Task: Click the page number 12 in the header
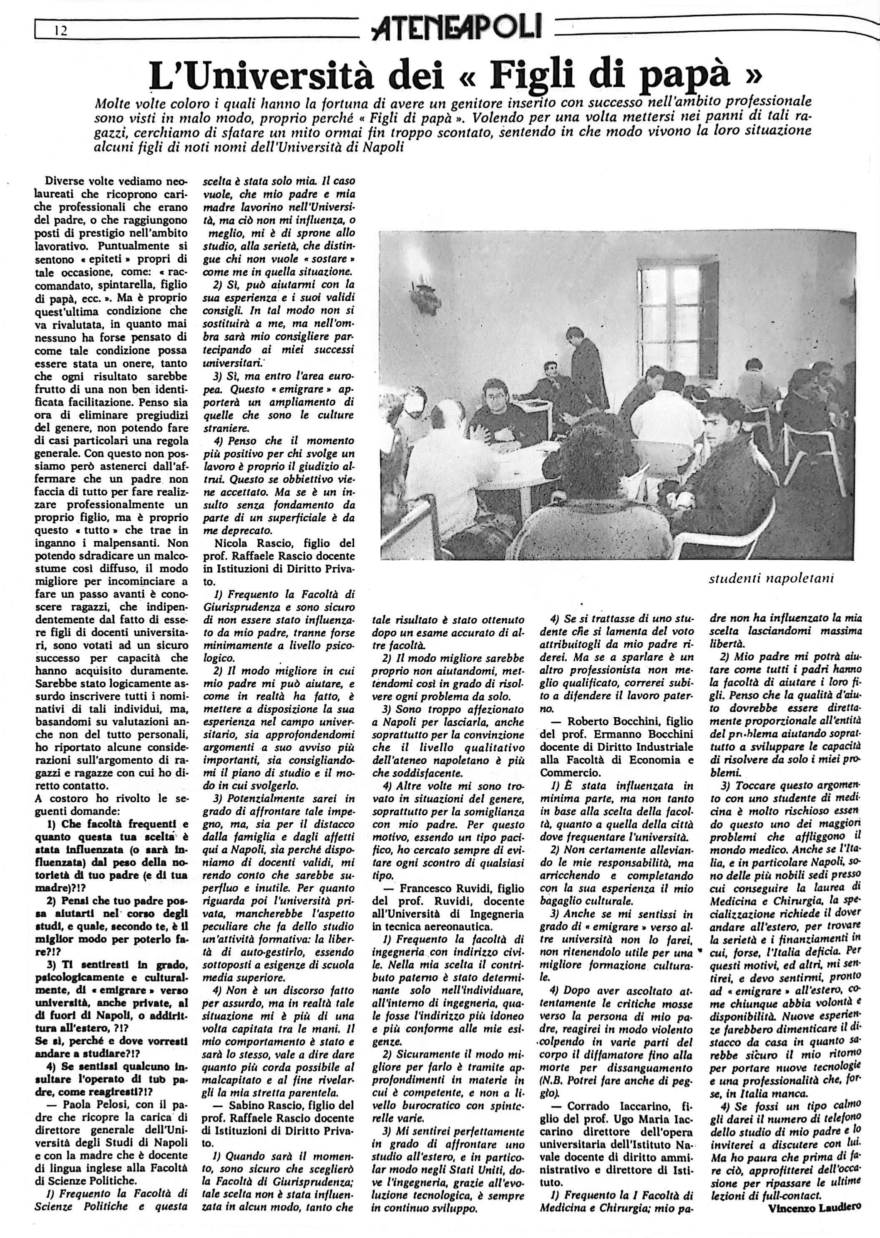(x=60, y=31)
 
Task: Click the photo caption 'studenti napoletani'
(x=772, y=578)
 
